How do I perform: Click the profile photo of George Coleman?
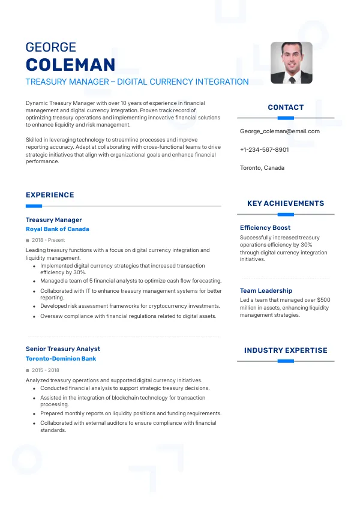(292, 62)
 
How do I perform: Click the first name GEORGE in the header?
(51, 47)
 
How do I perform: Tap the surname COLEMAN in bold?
(70, 65)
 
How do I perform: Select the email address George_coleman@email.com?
(280, 131)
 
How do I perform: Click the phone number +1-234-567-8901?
(264, 149)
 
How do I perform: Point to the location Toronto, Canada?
(262, 167)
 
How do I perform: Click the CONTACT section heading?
(286, 107)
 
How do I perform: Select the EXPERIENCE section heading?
(50, 195)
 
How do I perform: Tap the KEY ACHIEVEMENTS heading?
(286, 203)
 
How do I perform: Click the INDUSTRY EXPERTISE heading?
(286, 350)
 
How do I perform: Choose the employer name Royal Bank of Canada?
(58, 229)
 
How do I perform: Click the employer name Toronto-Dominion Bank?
(61, 359)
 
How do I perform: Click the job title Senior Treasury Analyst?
(63, 349)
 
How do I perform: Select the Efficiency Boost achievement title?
(265, 227)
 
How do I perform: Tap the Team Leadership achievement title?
(266, 290)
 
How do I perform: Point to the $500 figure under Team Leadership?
(323, 299)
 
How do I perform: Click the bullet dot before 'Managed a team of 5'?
(34, 281)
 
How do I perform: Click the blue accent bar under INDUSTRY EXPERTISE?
(286, 361)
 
